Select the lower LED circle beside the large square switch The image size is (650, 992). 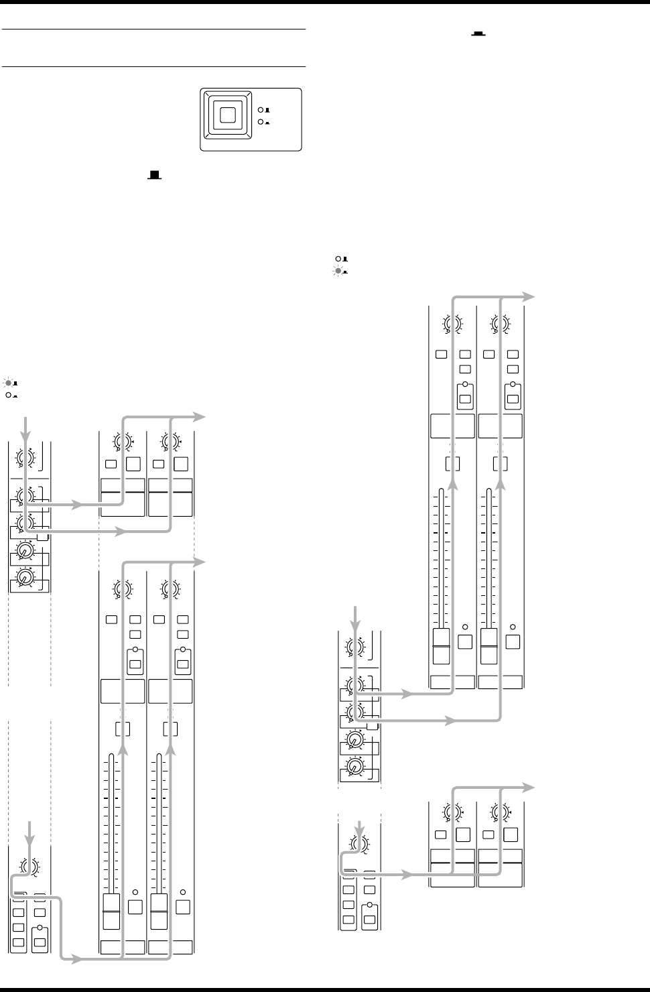coord(261,122)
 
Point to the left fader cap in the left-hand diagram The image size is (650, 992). coord(111,911)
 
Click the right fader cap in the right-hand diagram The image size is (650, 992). coord(490,646)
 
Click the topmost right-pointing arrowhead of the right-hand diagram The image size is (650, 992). coord(529,296)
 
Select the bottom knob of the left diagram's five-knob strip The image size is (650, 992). coord(25,577)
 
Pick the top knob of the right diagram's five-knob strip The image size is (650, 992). coord(353,647)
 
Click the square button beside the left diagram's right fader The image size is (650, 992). coord(182,908)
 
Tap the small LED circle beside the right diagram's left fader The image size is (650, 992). coord(464,627)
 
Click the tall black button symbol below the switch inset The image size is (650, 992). coord(155,175)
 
